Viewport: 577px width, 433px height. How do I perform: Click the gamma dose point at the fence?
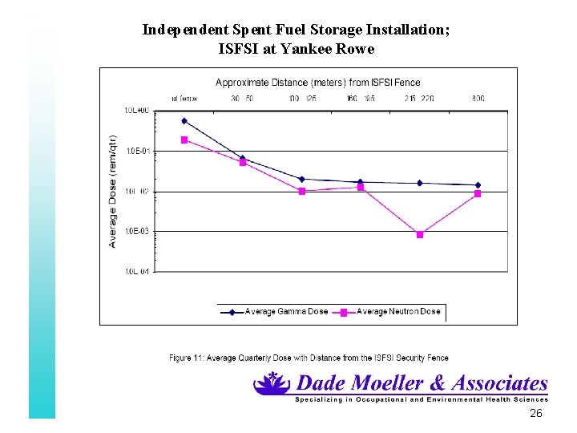(184, 121)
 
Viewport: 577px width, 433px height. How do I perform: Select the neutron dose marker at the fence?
(184, 140)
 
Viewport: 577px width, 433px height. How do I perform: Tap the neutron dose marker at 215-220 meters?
(420, 234)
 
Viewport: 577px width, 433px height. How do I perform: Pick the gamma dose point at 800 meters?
(478, 185)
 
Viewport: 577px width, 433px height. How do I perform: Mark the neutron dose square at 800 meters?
(478, 193)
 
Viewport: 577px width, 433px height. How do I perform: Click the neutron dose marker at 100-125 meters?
(302, 191)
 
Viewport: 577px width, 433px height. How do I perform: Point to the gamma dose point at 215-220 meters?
(419, 183)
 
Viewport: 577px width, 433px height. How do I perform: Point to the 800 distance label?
(478, 99)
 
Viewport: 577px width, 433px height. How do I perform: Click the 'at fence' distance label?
(184, 99)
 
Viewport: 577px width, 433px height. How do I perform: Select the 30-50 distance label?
(243, 99)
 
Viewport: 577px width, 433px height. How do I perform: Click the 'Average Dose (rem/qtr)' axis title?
(113, 191)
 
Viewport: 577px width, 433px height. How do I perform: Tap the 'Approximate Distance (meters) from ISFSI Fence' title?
(318, 82)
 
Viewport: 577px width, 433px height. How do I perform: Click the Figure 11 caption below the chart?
(309, 358)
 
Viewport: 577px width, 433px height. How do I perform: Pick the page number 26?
(536, 413)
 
